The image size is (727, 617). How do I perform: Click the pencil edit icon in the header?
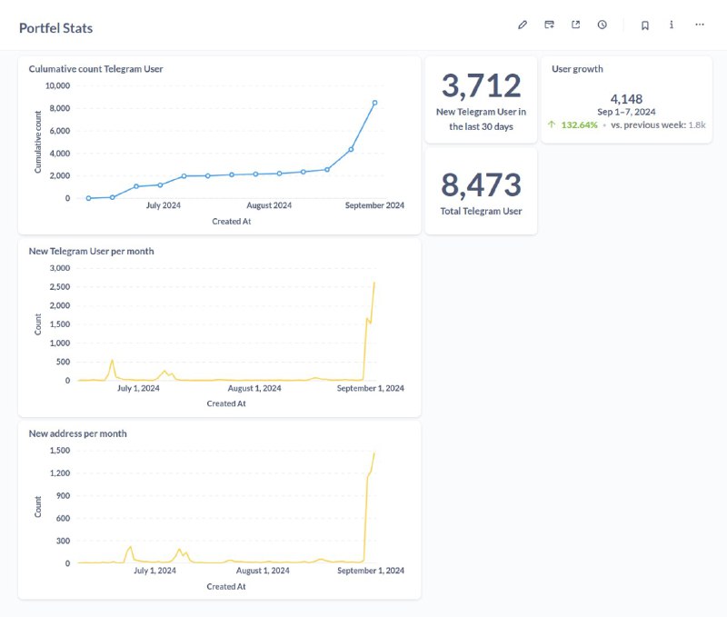tap(523, 25)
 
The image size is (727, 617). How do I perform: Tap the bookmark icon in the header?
tap(645, 25)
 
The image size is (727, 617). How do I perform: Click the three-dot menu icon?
tap(700, 25)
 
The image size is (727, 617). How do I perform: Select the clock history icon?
tap(602, 25)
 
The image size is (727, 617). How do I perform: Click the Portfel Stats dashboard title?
tap(55, 28)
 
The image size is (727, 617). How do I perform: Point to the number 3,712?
tap(482, 85)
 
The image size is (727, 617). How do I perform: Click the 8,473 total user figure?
tap(482, 184)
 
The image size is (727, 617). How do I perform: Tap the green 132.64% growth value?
tap(579, 124)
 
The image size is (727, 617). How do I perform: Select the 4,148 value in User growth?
tap(626, 99)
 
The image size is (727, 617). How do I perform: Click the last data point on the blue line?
tap(374, 103)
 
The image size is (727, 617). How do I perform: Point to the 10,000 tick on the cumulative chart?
tap(57, 85)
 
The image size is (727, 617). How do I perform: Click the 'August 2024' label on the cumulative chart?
tap(269, 205)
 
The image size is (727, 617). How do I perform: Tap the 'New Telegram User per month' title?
tap(92, 251)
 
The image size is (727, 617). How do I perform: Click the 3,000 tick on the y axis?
tap(60, 268)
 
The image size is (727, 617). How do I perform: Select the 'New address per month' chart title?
tap(77, 433)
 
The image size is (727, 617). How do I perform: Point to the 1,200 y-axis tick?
tap(60, 473)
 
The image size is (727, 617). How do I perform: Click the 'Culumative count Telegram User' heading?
tap(95, 69)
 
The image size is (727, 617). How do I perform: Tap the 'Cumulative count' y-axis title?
tap(38, 142)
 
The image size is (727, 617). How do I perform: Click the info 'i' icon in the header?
tap(672, 25)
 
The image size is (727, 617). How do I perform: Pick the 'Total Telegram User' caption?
tap(482, 211)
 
